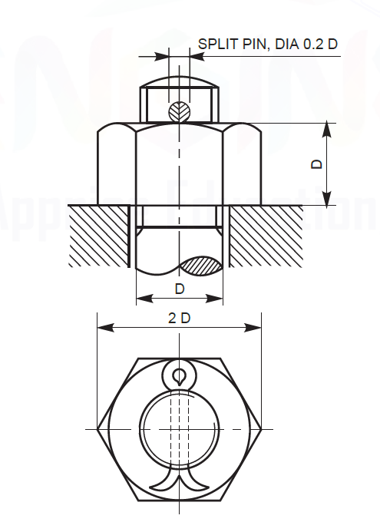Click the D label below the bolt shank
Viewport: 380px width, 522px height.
179,289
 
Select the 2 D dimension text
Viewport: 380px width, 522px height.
179,318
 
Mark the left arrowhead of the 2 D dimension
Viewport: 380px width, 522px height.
103,328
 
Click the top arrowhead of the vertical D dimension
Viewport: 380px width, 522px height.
328,128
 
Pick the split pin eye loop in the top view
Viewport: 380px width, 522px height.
179,376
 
